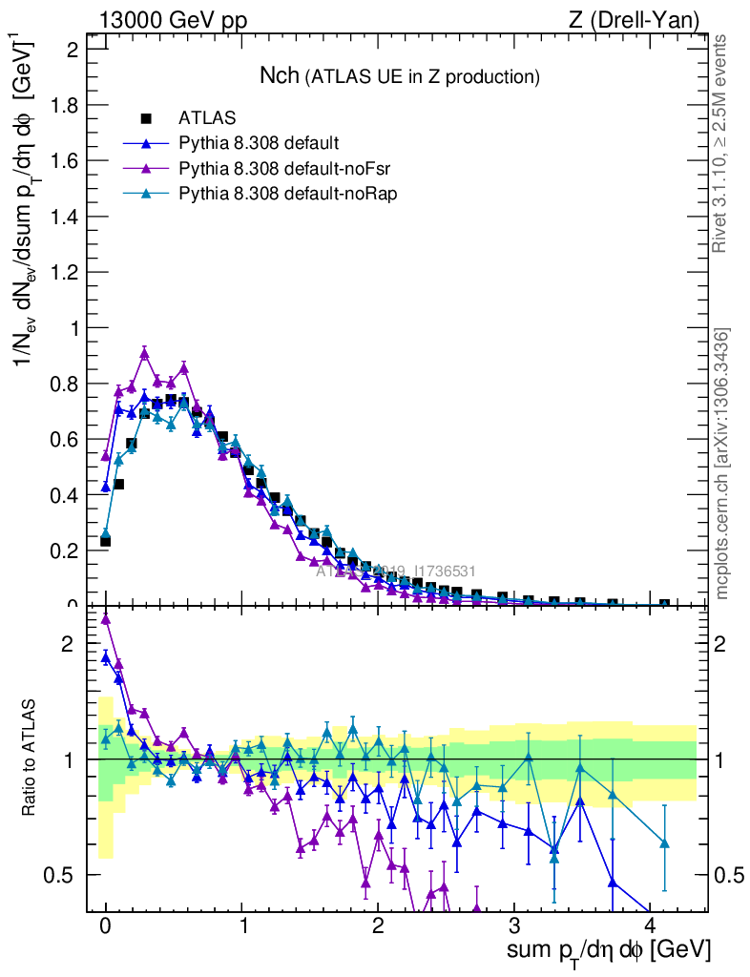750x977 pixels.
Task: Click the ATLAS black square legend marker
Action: point(147,118)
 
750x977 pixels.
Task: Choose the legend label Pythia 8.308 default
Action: point(259,143)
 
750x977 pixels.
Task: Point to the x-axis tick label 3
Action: point(514,926)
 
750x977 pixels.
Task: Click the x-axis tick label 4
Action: point(650,926)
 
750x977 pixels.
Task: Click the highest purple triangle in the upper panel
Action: point(144,353)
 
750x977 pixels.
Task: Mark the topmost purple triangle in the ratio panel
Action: point(106,619)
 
